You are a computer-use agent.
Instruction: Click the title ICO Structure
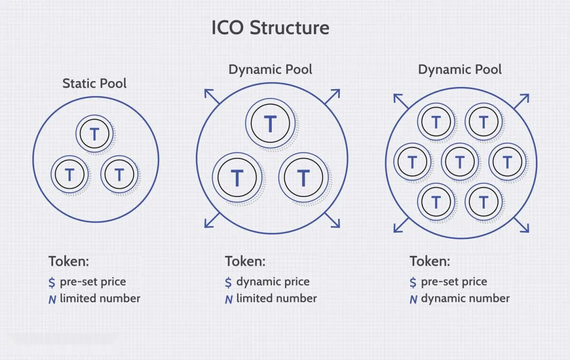(x=270, y=28)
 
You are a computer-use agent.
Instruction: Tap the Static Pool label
(x=95, y=84)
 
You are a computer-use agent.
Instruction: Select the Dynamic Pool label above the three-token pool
(x=270, y=69)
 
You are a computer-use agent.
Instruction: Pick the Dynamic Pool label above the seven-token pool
(x=460, y=69)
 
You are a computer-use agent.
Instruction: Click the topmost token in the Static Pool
(x=95, y=134)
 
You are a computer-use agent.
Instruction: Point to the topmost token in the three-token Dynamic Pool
(x=270, y=124)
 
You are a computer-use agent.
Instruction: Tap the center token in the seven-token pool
(x=459, y=162)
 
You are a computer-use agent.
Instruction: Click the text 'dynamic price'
(x=273, y=282)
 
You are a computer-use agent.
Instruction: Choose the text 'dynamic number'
(x=465, y=298)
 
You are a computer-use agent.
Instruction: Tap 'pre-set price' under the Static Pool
(x=93, y=282)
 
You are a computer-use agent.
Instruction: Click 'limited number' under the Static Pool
(x=100, y=298)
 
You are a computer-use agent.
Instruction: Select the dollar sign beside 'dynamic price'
(x=228, y=283)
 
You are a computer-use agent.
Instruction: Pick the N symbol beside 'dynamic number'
(x=413, y=299)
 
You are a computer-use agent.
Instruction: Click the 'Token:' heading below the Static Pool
(x=69, y=261)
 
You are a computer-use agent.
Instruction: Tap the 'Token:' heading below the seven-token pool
(x=430, y=261)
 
